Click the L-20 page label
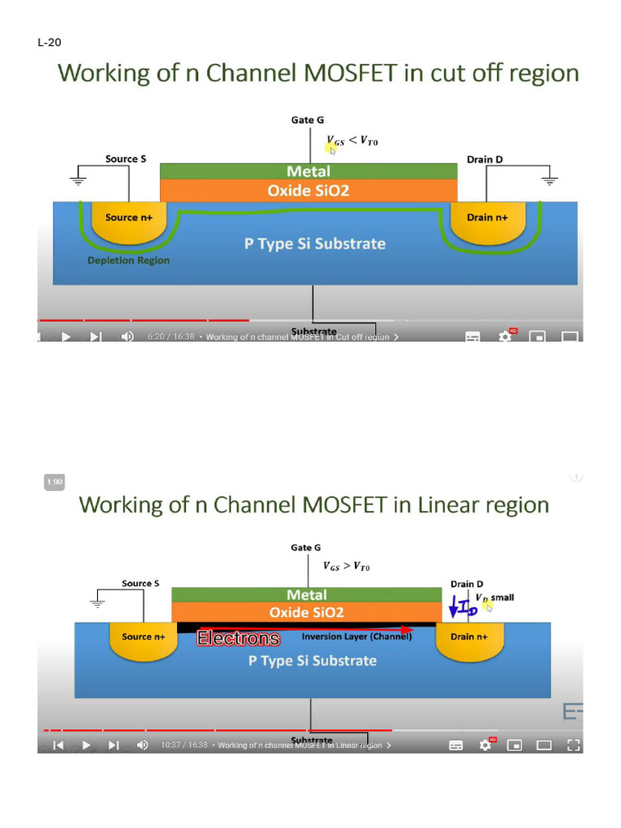point(49,42)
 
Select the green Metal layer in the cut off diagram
point(308,171)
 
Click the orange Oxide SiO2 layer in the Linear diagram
point(306,613)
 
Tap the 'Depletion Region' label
point(129,261)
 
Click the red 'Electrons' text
point(239,639)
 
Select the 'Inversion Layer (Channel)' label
point(357,636)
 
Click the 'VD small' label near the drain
point(494,598)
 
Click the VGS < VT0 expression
point(352,142)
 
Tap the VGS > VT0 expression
point(346,566)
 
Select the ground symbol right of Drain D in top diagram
point(549,180)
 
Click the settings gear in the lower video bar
point(486,745)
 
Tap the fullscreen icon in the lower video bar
point(573,745)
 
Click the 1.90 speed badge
point(54,482)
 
